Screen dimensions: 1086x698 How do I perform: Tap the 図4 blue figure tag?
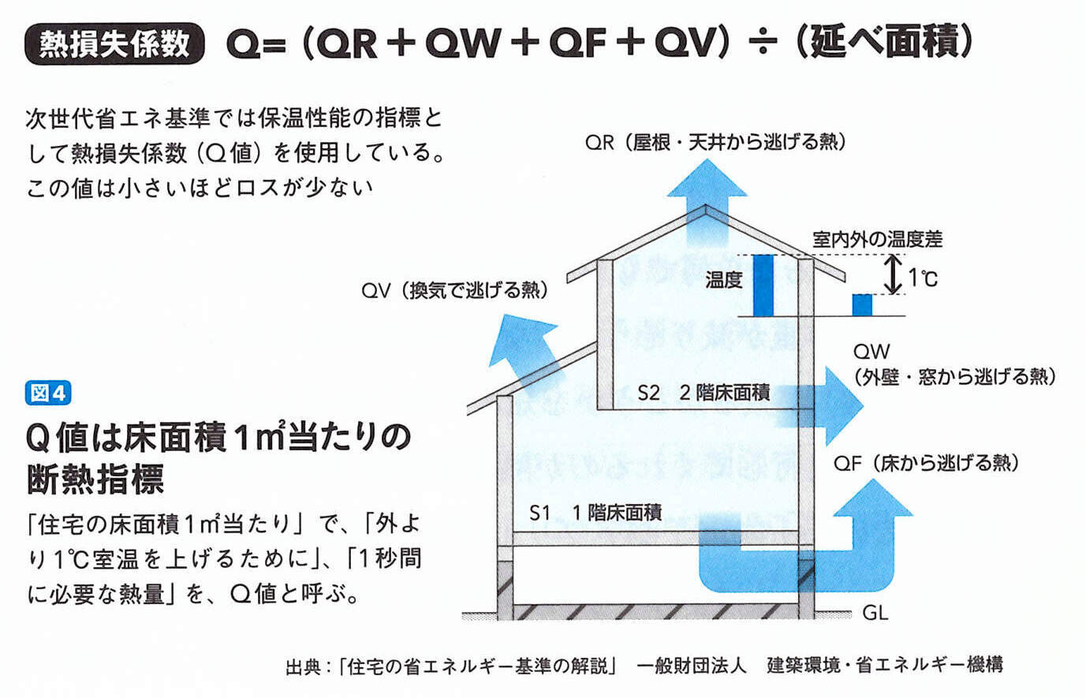(48, 392)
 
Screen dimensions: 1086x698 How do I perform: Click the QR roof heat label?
(715, 143)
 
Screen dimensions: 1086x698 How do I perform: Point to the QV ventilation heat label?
(454, 290)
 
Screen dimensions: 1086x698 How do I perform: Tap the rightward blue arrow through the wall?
(828, 405)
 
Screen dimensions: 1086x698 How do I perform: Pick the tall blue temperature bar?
(763, 286)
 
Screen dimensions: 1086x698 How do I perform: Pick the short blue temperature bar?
(862, 304)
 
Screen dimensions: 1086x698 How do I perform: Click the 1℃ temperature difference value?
(923, 278)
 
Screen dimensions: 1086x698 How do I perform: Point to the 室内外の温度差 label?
(877, 239)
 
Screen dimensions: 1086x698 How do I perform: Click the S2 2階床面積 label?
(703, 392)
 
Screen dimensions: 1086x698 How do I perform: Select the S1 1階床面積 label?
(595, 513)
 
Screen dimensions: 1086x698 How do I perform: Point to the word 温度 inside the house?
(724, 279)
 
